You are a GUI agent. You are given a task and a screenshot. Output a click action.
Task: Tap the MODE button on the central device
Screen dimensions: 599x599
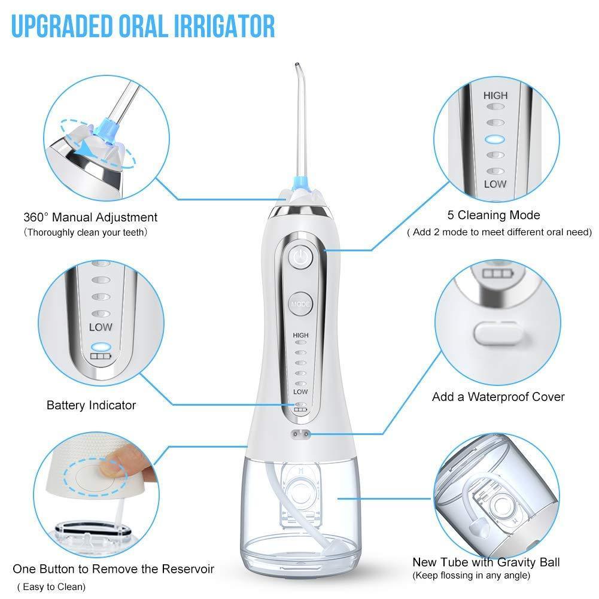pos(300,304)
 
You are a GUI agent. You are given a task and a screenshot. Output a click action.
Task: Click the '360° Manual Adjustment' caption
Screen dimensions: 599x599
pos(90,217)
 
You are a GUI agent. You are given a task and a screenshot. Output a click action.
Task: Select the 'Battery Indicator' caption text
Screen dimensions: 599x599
pos(91,405)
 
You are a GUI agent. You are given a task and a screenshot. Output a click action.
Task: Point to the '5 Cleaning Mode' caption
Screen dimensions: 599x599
pos(494,215)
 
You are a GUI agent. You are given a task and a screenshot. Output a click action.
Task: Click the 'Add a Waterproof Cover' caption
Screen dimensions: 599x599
pos(498,396)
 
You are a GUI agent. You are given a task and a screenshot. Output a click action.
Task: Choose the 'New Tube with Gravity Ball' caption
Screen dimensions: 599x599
pos(486,562)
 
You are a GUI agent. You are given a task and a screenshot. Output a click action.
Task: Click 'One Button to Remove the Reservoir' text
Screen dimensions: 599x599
pos(113,568)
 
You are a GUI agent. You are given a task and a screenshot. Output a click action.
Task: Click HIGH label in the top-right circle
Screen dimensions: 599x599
pos(495,95)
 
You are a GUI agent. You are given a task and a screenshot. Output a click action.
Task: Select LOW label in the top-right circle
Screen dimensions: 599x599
pos(495,184)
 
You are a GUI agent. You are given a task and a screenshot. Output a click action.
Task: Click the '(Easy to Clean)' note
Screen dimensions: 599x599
pos(51,586)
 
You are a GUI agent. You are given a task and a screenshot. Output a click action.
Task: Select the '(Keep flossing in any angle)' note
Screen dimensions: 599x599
pos(471,576)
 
